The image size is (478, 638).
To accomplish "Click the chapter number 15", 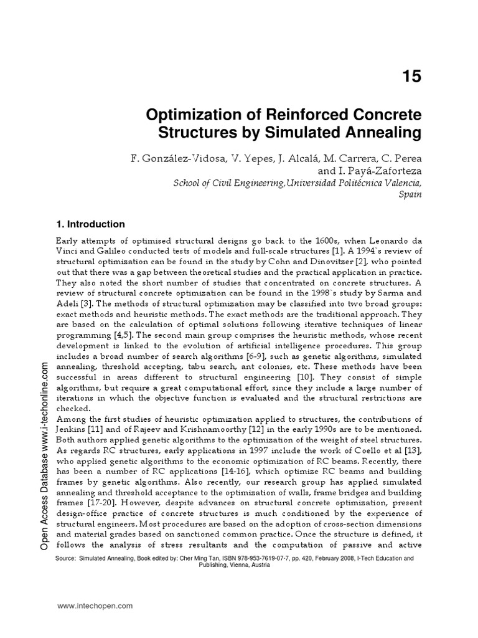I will pos(411,76).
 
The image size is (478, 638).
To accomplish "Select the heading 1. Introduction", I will pos(91,224).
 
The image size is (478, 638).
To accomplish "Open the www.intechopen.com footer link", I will pos(95,606).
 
